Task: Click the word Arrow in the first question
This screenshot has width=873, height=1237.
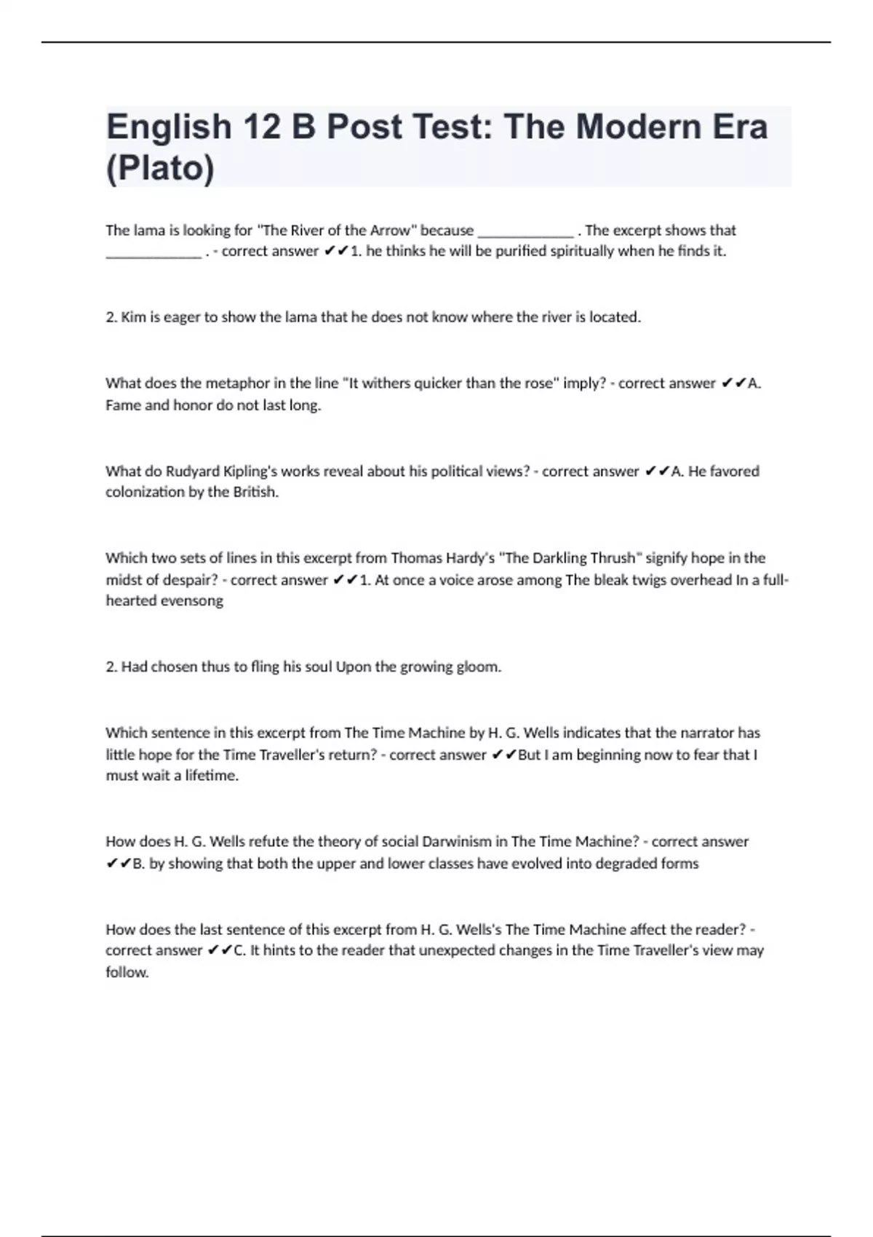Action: pos(390,231)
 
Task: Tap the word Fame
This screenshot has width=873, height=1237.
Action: pos(123,405)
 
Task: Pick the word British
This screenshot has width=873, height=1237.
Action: pos(255,492)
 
